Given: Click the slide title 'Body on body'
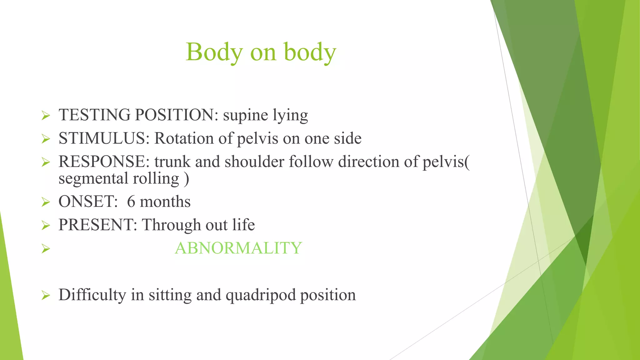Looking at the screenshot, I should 261,52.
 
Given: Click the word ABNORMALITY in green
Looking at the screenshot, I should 238,248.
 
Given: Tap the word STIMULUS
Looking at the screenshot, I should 102,138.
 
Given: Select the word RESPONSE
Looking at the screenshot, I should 102,162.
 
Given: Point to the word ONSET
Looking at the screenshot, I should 86,202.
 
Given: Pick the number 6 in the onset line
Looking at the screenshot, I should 131,202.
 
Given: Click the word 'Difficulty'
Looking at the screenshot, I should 92,295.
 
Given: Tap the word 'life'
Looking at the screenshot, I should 243,225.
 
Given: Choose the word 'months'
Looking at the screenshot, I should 165,202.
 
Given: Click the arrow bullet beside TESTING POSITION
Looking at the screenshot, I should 46,116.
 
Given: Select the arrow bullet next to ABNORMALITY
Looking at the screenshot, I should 46,249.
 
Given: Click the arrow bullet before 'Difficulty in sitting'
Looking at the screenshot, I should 46,295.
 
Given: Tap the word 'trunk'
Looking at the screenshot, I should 172,162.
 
